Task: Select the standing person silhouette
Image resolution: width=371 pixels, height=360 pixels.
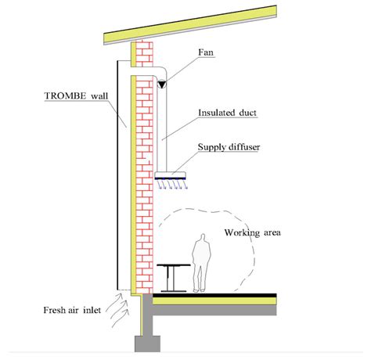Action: click(x=201, y=262)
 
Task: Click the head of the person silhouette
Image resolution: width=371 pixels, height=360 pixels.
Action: click(x=202, y=238)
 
